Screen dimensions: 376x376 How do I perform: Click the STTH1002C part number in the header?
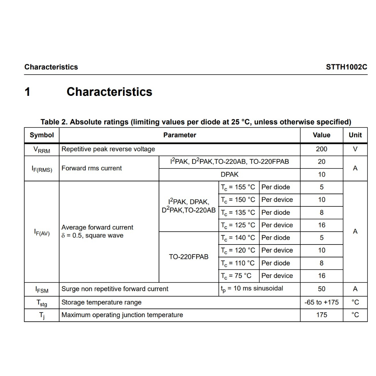click(346, 67)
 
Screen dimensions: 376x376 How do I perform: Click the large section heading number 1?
click(28, 92)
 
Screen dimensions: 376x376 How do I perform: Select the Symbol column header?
click(41, 135)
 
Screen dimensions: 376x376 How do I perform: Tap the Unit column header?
click(355, 135)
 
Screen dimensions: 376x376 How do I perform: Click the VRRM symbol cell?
click(41, 149)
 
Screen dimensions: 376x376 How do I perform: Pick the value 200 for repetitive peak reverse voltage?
click(321, 149)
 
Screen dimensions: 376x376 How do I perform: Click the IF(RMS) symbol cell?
click(41, 169)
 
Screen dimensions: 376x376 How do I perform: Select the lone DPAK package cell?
click(229, 175)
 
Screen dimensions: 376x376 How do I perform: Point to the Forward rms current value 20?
click(321, 162)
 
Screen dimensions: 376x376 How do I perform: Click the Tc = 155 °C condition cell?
click(238, 187)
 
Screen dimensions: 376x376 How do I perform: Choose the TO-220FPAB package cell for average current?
click(188, 257)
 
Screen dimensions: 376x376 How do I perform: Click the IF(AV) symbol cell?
click(41, 232)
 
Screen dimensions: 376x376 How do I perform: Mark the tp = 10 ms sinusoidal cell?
click(252, 289)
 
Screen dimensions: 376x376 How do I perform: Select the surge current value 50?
click(321, 289)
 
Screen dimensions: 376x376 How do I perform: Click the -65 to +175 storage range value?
click(321, 302)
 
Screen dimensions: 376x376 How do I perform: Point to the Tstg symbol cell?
click(41, 303)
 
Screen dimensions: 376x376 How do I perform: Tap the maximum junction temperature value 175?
click(321, 315)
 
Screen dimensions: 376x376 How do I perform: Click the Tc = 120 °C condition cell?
click(238, 250)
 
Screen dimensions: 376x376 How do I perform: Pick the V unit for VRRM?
click(355, 149)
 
